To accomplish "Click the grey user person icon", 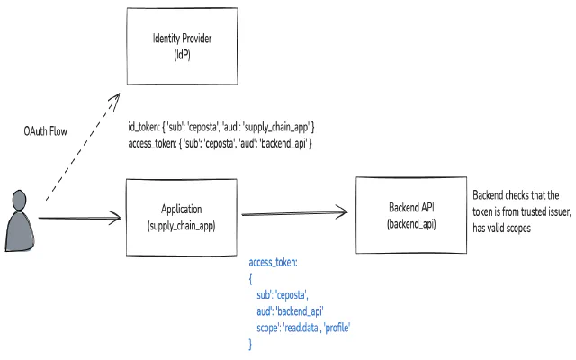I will (x=20, y=220).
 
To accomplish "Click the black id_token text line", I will (x=220, y=128).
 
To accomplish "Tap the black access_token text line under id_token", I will (x=220, y=143).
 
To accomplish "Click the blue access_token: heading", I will (x=273, y=262).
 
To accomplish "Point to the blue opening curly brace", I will (x=251, y=278).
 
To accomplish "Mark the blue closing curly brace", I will (x=251, y=344).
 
